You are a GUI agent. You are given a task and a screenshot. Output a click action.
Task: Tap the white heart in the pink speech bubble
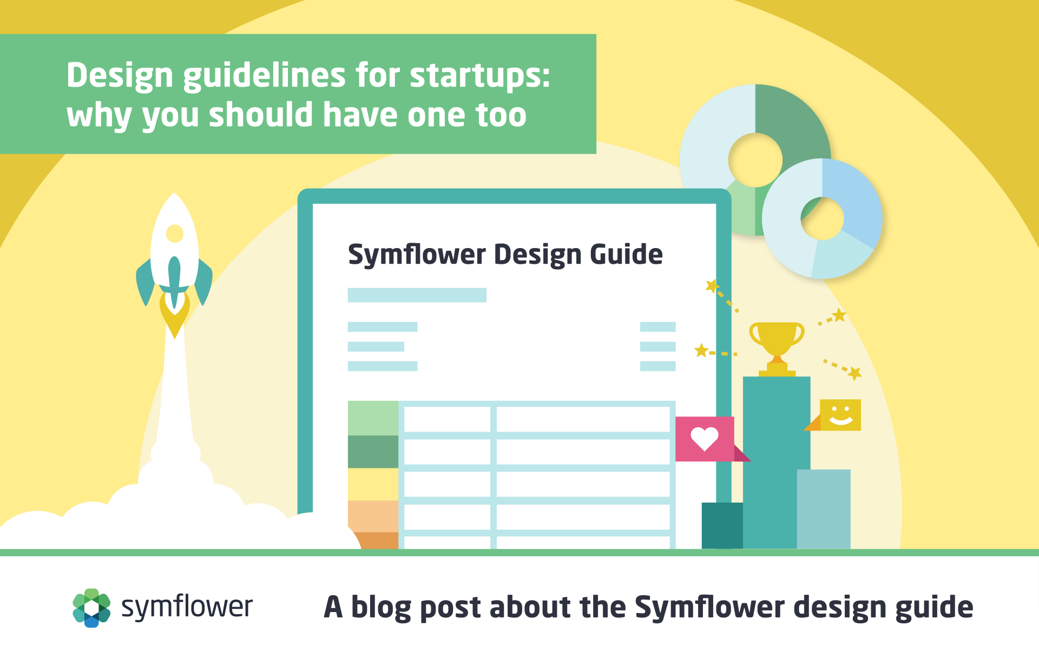(x=704, y=439)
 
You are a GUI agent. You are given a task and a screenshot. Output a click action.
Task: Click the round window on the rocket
(x=175, y=233)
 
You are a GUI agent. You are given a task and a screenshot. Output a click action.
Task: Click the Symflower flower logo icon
(x=91, y=608)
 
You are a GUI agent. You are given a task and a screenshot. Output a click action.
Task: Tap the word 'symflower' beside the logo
(x=187, y=607)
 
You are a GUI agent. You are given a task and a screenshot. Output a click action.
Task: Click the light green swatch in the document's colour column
(x=373, y=418)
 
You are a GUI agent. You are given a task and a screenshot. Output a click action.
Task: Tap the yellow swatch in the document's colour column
(x=373, y=484)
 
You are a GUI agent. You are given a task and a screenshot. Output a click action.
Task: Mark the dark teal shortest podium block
(x=722, y=525)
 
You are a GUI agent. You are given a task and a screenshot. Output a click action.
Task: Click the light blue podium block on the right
(x=824, y=509)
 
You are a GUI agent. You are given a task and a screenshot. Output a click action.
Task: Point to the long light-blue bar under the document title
(x=417, y=295)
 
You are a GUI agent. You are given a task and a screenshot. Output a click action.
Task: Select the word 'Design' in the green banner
(x=120, y=76)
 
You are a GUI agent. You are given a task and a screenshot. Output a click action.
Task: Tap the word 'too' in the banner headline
(x=501, y=115)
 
